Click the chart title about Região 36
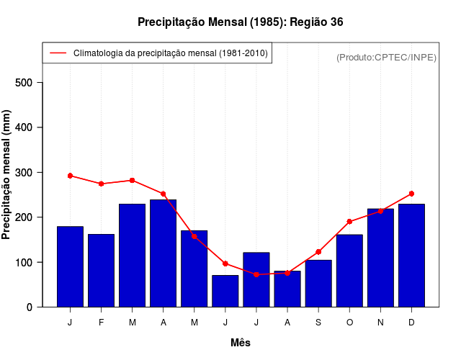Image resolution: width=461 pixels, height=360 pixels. (240, 22)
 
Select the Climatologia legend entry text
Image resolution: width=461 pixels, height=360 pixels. (171, 53)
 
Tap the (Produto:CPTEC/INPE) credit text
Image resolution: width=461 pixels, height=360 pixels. (386, 57)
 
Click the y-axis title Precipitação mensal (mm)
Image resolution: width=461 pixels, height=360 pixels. (7, 175)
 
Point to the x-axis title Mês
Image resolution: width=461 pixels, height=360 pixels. (241, 343)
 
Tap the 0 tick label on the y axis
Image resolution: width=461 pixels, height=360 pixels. (30, 307)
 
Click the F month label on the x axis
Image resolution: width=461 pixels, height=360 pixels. (101, 323)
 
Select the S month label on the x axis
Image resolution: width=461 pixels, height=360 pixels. (318, 323)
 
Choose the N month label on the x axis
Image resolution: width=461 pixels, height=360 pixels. (380, 323)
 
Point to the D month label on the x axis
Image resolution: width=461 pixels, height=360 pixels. (411, 323)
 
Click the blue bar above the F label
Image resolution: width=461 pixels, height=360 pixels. (101, 271)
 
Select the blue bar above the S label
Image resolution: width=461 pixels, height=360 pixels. (318, 284)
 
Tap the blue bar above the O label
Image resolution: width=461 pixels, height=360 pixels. (349, 271)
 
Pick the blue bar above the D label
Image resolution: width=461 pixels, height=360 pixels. (411, 256)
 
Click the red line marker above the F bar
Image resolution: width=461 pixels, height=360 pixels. (101, 184)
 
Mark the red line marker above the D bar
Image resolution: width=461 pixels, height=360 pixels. (411, 194)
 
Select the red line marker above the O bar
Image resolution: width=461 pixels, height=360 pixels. (349, 222)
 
